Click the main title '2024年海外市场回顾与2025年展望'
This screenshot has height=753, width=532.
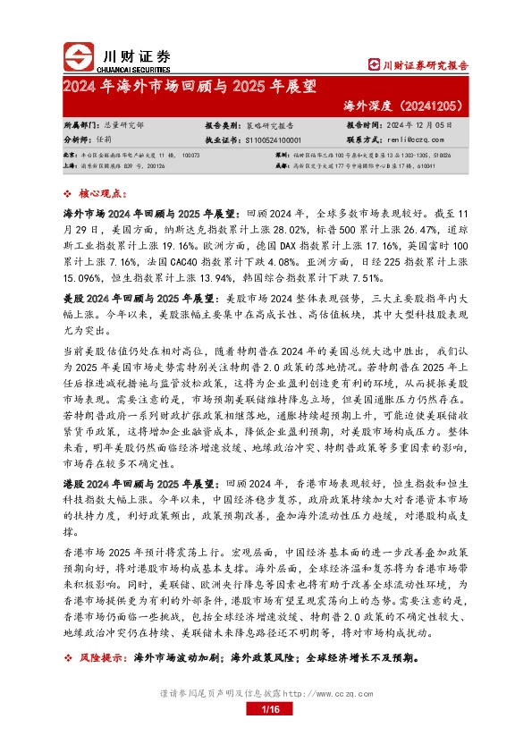(189, 87)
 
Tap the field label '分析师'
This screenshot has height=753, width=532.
(80, 140)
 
